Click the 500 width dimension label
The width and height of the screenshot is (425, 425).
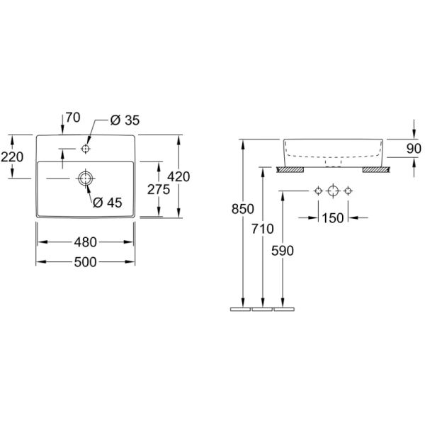click(86, 262)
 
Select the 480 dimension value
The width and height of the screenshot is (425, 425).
click(86, 242)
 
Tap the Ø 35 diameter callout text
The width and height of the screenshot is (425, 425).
click(125, 120)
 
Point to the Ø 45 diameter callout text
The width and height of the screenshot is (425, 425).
click(108, 203)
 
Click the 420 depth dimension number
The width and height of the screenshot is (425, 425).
click(178, 176)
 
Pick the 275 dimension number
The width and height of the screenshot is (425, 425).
click(159, 189)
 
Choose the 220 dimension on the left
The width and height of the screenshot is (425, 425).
click(12, 157)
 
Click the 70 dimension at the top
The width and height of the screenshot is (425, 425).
click(73, 118)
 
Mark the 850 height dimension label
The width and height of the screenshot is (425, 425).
click(242, 209)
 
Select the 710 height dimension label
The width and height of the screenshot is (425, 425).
click(262, 229)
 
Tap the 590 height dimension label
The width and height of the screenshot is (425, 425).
click(283, 251)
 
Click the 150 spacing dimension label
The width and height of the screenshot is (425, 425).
click(333, 218)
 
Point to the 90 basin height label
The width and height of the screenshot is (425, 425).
click(414, 149)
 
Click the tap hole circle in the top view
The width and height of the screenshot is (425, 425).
click(86, 149)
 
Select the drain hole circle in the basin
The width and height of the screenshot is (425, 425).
click(86, 178)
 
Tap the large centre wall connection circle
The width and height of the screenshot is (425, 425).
click(333, 191)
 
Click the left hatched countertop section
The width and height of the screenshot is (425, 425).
click(290, 170)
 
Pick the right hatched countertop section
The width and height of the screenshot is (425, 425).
click(376, 170)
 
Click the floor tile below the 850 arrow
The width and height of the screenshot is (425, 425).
click(240, 310)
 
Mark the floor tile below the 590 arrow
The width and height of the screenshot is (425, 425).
click(284, 310)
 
